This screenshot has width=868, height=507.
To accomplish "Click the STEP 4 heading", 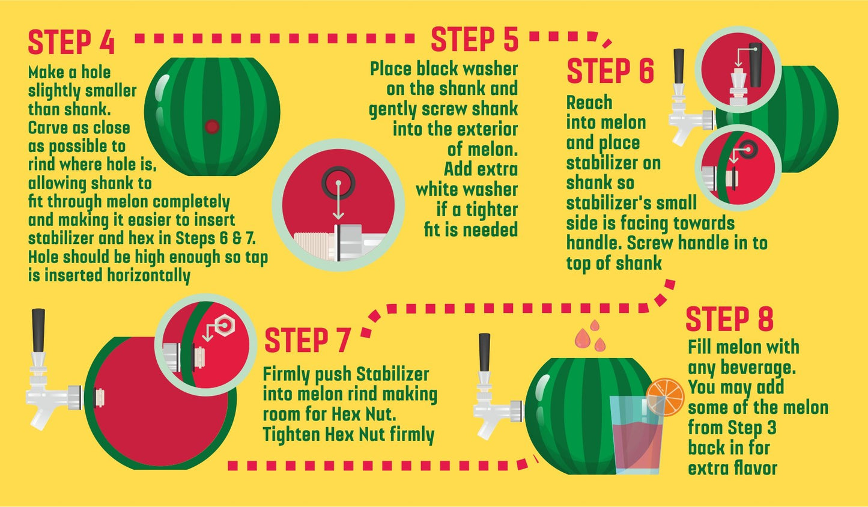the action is [71, 42].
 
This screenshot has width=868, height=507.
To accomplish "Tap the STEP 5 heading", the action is [475, 39].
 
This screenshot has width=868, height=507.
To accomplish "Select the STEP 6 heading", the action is [610, 71].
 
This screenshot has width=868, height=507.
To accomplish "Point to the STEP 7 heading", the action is [308, 341].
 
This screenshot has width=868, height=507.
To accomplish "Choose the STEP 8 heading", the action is [730, 318].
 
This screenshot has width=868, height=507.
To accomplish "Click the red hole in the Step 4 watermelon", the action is [212, 126].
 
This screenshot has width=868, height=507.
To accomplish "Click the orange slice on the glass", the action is [665, 397].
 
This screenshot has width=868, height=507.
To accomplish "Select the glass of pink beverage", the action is [636, 435].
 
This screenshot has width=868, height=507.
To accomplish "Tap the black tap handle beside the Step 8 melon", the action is [484, 353].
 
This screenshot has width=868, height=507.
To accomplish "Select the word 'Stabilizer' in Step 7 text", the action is [392, 374].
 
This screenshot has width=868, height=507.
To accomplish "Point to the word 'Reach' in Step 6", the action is [589, 103].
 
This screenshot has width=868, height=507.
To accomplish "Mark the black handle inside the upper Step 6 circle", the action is [756, 65].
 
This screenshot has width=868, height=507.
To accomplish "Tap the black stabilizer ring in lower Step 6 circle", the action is [748, 149].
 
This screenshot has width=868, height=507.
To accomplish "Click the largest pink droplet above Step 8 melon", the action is [581, 338].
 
